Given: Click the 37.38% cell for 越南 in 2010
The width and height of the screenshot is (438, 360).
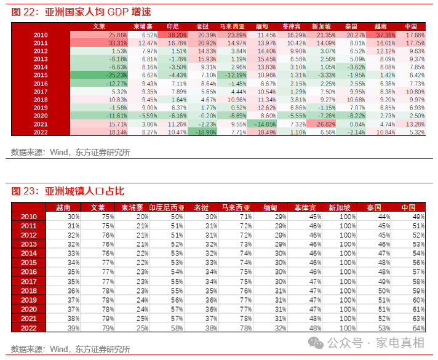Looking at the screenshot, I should pos(386,36).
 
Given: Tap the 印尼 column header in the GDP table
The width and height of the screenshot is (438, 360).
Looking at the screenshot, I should pos(173,27).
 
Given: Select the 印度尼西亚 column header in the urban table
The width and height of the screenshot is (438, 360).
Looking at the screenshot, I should pos(166,207).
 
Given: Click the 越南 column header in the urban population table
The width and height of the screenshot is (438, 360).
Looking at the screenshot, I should pos(63,207).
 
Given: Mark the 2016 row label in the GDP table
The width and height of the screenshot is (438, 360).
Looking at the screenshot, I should pos(41,84).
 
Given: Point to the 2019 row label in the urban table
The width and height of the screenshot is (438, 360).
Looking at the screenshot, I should pos(29,300).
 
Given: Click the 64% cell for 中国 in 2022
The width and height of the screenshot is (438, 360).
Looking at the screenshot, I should pos(418,328).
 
